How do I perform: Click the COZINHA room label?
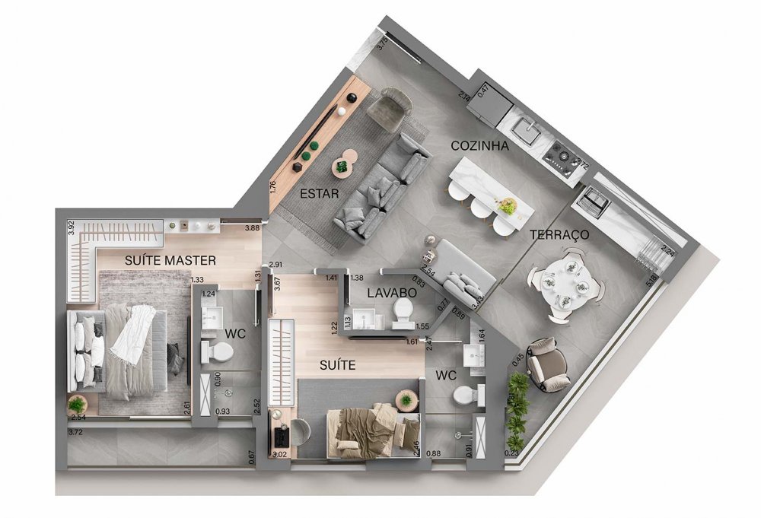[x=479, y=146]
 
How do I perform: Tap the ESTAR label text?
[x=319, y=193]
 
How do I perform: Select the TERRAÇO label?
[x=559, y=235]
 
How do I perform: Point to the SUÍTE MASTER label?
[x=170, y=260]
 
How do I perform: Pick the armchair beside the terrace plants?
[x=546, y=364]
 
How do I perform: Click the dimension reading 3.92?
[x=70, y=227]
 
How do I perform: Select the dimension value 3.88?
[x=252, y=227]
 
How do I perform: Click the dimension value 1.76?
[x=273, y=186]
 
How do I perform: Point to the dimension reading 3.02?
[x=280, y=455]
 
